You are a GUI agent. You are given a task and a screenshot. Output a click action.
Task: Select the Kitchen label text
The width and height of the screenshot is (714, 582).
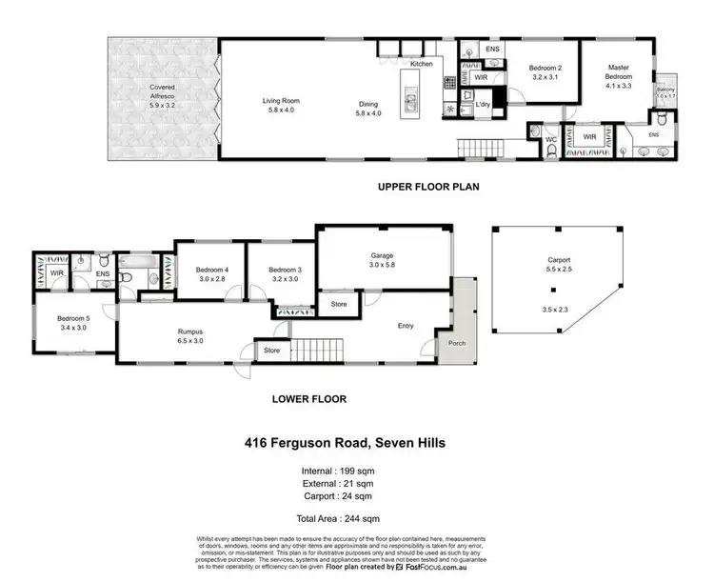point(421,64)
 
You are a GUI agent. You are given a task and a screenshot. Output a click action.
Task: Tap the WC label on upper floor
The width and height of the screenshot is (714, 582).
point(550,140)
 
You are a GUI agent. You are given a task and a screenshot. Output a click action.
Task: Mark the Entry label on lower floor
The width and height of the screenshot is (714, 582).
point(406,327)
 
